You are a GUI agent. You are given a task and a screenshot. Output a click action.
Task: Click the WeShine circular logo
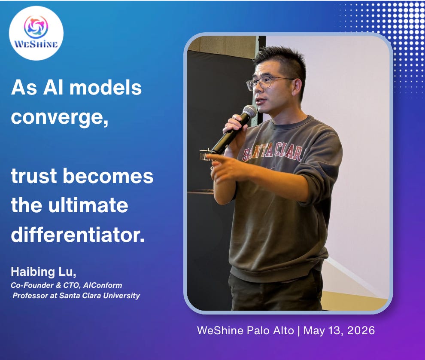tap(36, 33)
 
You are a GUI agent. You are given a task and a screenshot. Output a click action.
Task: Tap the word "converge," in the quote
tap(60, 118)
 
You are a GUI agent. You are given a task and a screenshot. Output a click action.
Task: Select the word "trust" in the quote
tap(34, 176)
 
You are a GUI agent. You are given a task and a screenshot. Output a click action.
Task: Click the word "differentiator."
tap(78, 235)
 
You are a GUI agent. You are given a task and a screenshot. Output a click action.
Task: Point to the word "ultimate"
tap(88, 205)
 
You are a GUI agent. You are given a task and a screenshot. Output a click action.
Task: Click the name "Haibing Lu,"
tap(43, 272)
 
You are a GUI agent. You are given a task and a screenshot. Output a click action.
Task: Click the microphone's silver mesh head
tap(249, 111)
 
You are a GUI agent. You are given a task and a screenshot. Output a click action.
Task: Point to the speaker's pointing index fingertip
tap(209, 156)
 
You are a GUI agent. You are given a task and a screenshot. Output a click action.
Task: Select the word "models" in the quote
tap(106, 88)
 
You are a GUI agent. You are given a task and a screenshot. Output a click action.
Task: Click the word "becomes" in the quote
tap(108, 176)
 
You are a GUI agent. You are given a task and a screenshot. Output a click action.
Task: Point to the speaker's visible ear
tap(297, 87)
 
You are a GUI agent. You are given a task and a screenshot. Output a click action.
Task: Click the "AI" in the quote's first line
tap(50, 88)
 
